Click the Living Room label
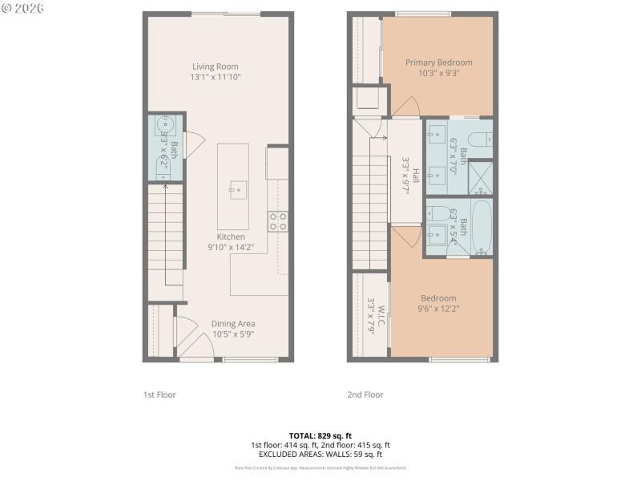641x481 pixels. pos(216,67)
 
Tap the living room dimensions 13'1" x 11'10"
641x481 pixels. pos(216,78)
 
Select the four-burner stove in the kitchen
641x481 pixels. pos(278,221)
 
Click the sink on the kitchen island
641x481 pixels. pos(238,190)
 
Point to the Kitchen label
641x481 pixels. pos(230,237)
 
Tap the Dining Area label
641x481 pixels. pos(233,324)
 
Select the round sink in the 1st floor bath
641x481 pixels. pos(165,126)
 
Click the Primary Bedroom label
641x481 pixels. pos(438,63)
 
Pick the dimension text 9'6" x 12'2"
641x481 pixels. pos(438,309)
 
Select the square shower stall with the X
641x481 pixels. pos(481,178)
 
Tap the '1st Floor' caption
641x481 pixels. pos(159,394)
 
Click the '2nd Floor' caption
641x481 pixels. pos(365,394)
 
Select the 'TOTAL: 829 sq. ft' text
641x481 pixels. pos(320,435)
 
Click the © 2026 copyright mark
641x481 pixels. pos(24,8)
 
